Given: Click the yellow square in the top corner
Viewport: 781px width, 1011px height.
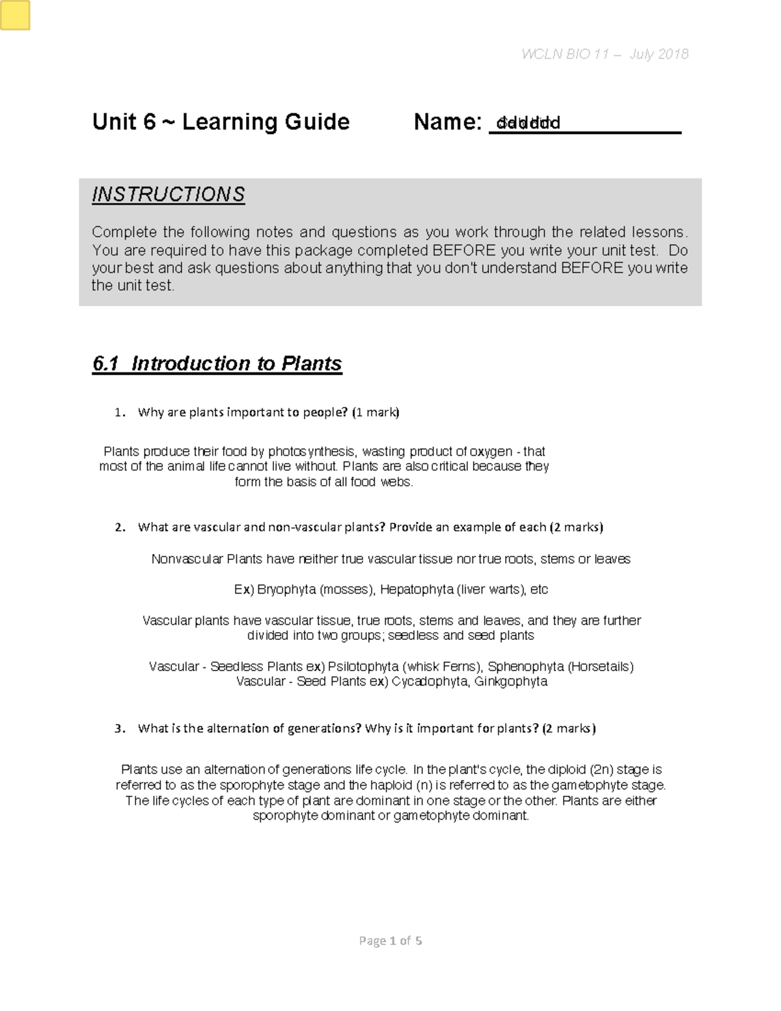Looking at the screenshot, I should pos(16,16).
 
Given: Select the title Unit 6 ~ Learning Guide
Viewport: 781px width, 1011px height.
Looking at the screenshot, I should pos(221,122).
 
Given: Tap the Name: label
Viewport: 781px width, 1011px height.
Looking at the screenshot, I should pos(447,122).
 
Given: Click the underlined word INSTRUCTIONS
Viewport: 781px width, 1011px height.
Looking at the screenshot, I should pos(168,194).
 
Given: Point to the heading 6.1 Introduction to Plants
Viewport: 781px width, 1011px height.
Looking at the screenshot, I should pos(217,363).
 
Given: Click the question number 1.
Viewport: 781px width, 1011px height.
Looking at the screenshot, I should pos(118,412).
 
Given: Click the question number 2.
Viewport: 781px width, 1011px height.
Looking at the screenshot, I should pos(118,527).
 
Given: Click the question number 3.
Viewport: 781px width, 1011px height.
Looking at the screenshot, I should pos(118,728).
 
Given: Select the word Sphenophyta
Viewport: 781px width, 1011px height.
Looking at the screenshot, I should pos(525,667).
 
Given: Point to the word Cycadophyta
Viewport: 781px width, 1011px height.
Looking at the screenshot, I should pos(430,682).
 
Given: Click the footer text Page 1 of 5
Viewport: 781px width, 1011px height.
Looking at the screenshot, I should pos(390,941).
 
